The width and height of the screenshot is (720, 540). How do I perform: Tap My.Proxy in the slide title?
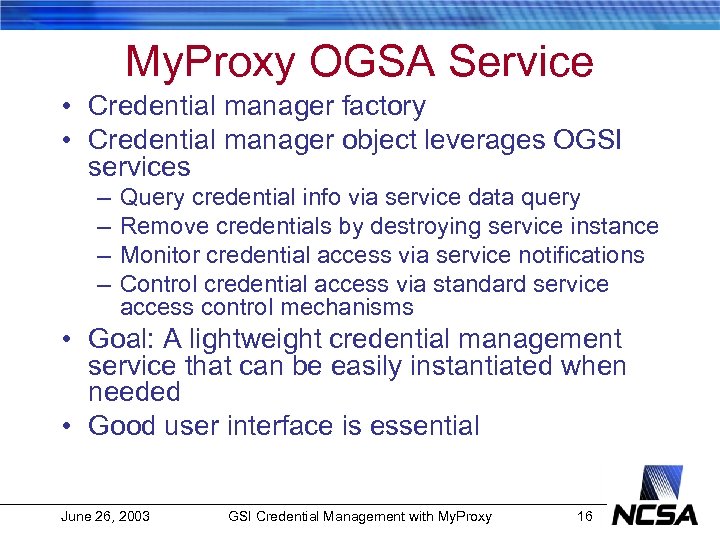(210, 62)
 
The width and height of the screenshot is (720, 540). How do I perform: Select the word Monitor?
(158, 256)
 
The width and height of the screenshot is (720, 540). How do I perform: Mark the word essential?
(425, 426)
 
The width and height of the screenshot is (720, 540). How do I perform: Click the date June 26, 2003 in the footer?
(105, 516)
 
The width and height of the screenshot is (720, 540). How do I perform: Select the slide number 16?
(585, 516)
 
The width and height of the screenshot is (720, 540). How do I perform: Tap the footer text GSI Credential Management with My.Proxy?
(360, 516)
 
